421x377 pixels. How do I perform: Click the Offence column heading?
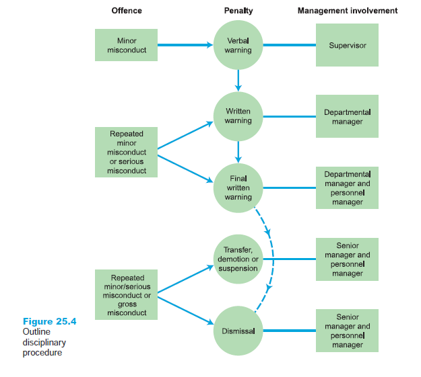[x=126, y=11]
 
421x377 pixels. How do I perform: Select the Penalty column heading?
[x=238, y=11]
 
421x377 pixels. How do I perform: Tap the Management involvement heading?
[x=348, y=11]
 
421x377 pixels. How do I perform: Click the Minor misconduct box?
[x=126, y=45]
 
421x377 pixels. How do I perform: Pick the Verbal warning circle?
[x=238, y=45]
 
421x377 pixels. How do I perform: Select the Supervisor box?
[x=347, y=45]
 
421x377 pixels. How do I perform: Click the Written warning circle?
[x=238, y=116]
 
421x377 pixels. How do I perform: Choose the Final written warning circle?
[x=238, y=187]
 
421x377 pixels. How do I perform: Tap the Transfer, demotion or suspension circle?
[x=238, y=259]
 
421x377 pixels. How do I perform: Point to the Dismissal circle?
[x=238, y=331]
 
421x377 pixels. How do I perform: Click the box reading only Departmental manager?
[x=347, y=116]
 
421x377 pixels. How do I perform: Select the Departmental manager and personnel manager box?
[x=347, y=187]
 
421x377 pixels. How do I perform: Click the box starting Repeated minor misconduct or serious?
[x=126, y=152]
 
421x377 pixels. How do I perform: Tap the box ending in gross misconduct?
[x=126, y=294]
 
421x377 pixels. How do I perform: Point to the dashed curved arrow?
[x=269, y=259]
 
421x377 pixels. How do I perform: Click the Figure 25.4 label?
[x=49, y=321]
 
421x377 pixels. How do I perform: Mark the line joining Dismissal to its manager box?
[x=290, y=331]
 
